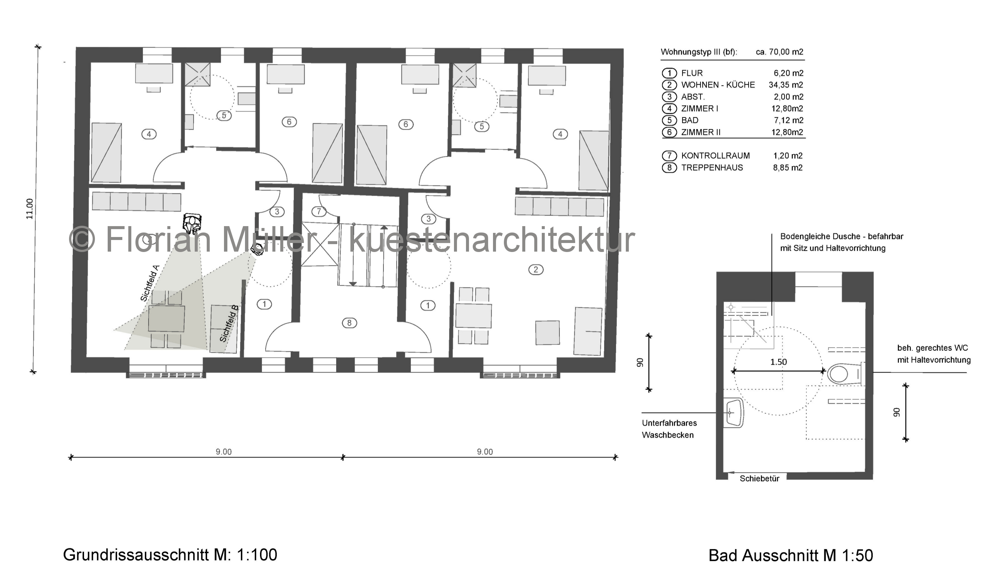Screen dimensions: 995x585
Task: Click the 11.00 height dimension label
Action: [29, 209]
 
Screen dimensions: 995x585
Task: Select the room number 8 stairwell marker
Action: [349, 323]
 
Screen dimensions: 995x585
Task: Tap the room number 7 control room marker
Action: [319, 211]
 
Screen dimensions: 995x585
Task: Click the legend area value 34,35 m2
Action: [786, 85]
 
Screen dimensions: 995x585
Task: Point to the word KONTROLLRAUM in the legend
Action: [715, 156]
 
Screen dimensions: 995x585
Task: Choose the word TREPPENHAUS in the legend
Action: [712, 168]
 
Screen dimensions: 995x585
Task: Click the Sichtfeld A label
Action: [150, 283]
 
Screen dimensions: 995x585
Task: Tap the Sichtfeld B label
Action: [229, 323]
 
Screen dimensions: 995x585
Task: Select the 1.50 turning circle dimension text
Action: [779, 362]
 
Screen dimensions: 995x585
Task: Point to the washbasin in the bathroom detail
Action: [733, 413]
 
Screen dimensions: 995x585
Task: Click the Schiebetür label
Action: [759, 479]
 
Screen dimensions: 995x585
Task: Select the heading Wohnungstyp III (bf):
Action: [699, 52]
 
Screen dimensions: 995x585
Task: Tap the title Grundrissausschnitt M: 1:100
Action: [170, 555]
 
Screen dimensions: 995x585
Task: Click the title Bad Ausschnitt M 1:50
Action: [791, 555]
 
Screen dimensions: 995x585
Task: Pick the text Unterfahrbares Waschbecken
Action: [669, 429]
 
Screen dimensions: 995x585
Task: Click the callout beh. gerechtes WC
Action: [933, 348]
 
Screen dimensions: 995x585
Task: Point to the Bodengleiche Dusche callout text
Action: [842, 242]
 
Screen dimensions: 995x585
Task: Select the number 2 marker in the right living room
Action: [536, 270]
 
